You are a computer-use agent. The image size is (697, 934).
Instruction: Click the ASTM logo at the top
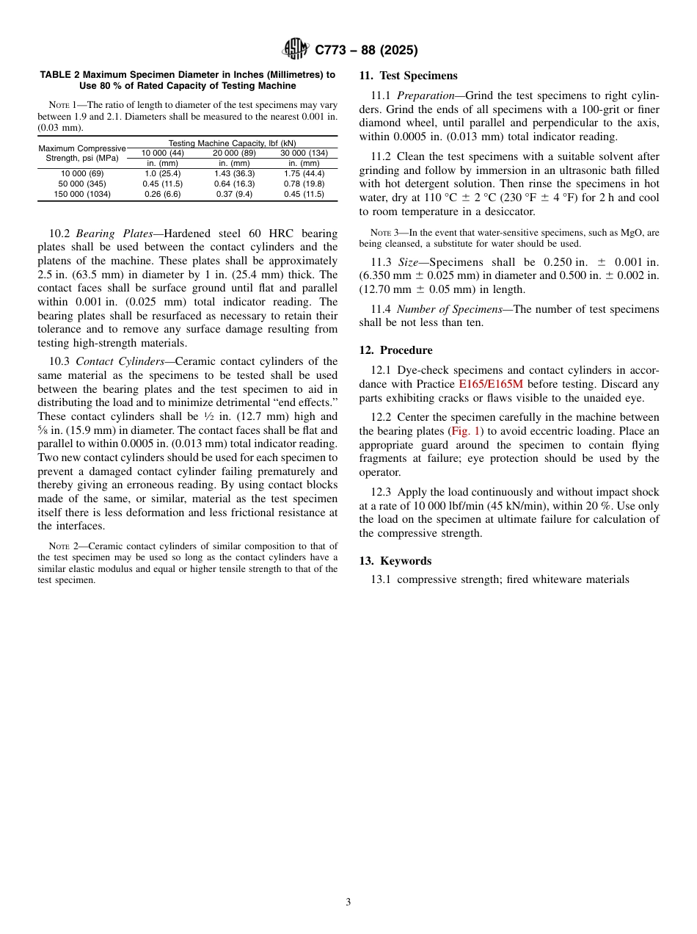click(x=296, y=50)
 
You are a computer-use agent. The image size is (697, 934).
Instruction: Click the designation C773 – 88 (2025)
click(x=366, y=51)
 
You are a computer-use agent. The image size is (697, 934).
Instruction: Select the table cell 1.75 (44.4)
click(x=304, y=173)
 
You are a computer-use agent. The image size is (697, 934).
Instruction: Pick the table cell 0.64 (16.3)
click(x=234, y=184)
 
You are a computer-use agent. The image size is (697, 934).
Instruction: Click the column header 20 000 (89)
click(x=234, y=153)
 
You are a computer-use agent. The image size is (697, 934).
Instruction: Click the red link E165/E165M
click(x=491, y=384)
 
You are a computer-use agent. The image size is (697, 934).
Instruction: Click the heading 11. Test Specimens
click(x=408, y=76)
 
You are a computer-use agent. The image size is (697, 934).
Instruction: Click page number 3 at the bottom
click(x=348, y=902)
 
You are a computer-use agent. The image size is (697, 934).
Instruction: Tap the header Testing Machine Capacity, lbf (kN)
click(x=232, y=142)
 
